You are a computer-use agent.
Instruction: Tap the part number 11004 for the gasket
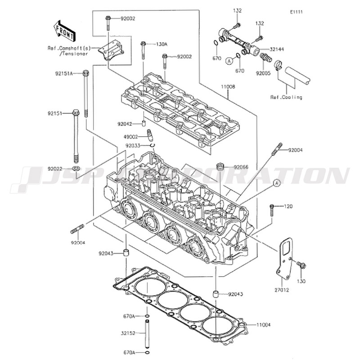(264, 324)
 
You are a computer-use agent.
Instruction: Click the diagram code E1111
(296, 12)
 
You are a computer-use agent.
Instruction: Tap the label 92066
(240, 167)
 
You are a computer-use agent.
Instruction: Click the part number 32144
(278, 48)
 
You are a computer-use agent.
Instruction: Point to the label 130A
(162, 44)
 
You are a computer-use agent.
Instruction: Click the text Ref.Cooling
(286, 97)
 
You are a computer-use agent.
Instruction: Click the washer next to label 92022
(76, 169)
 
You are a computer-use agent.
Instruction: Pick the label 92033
(133, 146)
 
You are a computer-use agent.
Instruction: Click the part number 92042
(128, 123)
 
